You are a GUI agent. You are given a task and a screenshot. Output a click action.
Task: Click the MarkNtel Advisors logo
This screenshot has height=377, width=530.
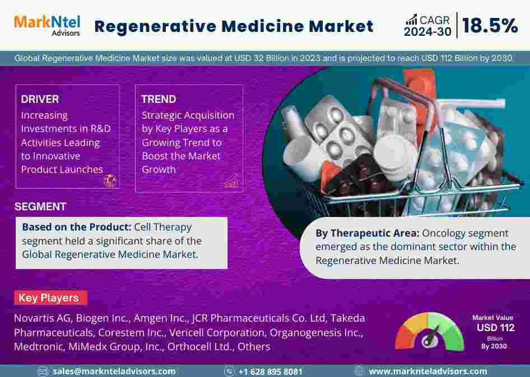tap(47, 25)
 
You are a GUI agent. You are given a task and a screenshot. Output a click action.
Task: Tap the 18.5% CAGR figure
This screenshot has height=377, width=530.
tap(490, 26)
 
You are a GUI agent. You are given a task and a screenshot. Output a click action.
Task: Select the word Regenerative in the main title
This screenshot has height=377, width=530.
tap(156, 27)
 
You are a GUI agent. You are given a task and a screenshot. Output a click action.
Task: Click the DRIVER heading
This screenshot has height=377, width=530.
tap(40, 99)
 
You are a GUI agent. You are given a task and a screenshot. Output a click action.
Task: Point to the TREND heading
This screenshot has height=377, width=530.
tap(159, 99)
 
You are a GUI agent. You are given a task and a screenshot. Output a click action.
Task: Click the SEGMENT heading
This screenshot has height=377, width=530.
tap(40, 206)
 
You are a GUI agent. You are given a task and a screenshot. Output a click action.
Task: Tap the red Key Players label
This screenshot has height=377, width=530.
tap(50, 298)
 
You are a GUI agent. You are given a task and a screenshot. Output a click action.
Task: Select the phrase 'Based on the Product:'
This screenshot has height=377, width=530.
tap(76, 227)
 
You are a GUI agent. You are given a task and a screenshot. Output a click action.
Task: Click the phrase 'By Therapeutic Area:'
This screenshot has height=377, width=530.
tap(368, 233)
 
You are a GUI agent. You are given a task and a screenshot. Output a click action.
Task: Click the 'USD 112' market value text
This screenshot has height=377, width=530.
tap(495, 328)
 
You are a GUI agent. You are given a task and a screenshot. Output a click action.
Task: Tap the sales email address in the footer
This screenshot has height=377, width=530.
tap(114, 371)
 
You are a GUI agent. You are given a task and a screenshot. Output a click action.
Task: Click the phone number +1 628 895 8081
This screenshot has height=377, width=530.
tap(270, 371)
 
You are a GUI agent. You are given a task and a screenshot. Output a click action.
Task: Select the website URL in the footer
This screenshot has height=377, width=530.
tap(428, 371)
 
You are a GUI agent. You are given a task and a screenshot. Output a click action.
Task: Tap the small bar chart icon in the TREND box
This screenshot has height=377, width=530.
tap(231, 182)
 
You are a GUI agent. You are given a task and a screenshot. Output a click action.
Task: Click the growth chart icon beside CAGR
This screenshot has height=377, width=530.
tap(411, 20)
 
